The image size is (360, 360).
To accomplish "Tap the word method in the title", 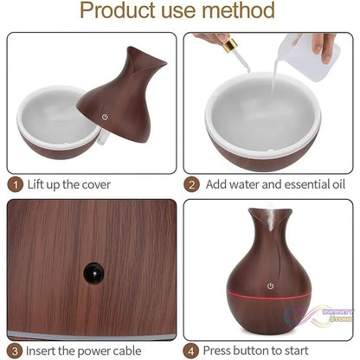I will (245, 12).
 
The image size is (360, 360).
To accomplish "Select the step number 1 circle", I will (16, 184).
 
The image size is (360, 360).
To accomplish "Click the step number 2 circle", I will (192, 184).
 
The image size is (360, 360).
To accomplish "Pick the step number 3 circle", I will (16, 350).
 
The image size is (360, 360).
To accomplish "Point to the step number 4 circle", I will (192, 350).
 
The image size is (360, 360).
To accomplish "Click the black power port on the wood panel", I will (90, 272).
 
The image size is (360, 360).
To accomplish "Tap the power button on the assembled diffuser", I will (270, 285).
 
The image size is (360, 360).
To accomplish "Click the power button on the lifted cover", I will (106, 116).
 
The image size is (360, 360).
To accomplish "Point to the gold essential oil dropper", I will (228, 44).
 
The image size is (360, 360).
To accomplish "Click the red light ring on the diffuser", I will (270, 307).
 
